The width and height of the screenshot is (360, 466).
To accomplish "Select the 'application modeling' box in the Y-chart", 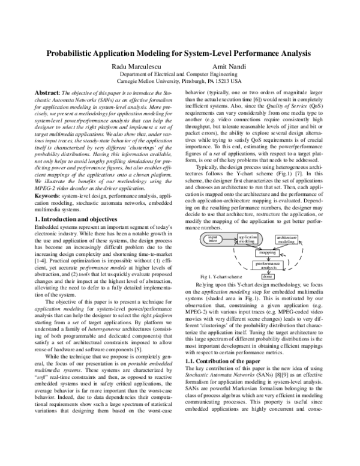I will pos(247,238).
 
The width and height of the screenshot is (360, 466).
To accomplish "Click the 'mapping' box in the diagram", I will pos(268,253).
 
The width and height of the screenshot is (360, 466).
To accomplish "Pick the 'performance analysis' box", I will pos(268,265).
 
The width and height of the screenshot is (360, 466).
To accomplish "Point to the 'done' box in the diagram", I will pos(268,276).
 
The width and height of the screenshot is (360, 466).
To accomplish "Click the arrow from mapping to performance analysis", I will pos(268,258).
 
